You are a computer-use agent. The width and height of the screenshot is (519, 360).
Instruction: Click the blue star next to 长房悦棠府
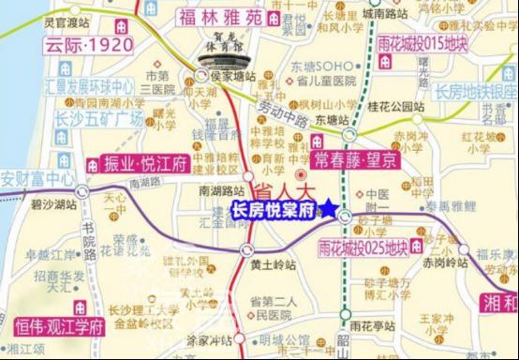coord(330,209)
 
